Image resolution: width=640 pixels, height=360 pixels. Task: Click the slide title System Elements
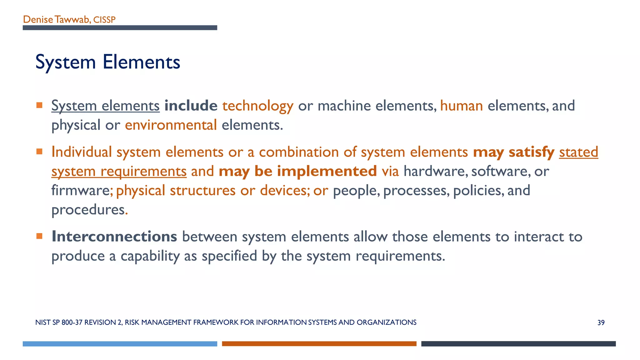[x=107, y=62]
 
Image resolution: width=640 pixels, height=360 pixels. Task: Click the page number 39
[x=601, y=322]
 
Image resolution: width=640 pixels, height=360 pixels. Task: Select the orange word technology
[x=257, y=106]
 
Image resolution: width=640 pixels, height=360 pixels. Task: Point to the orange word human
[x=461, y=106]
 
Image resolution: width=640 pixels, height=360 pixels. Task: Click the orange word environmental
[x=171, y=125]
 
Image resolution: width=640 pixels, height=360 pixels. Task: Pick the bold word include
[x=191, y=106]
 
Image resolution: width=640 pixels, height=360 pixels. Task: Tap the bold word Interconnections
[x=114, y=236]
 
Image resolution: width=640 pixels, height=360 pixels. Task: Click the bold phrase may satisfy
[x=513, y=152]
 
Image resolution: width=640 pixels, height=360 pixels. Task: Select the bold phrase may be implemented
[x=297, y=171]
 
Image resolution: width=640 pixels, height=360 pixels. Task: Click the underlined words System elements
[x=105, y=106]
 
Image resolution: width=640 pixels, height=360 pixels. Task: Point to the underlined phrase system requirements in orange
[x=119, y=171]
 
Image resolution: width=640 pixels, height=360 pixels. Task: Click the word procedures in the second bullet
[x=88, y=210]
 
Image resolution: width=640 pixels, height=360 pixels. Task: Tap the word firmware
[x=80, y=190]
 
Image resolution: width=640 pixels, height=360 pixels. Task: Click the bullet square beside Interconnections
[x=39, y=236]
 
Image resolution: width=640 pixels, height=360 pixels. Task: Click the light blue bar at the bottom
[x=120, y=344]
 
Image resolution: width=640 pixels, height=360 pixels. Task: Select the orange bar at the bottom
[x=319, y=344]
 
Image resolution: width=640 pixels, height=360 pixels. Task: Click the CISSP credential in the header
[x=104, y=20]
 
